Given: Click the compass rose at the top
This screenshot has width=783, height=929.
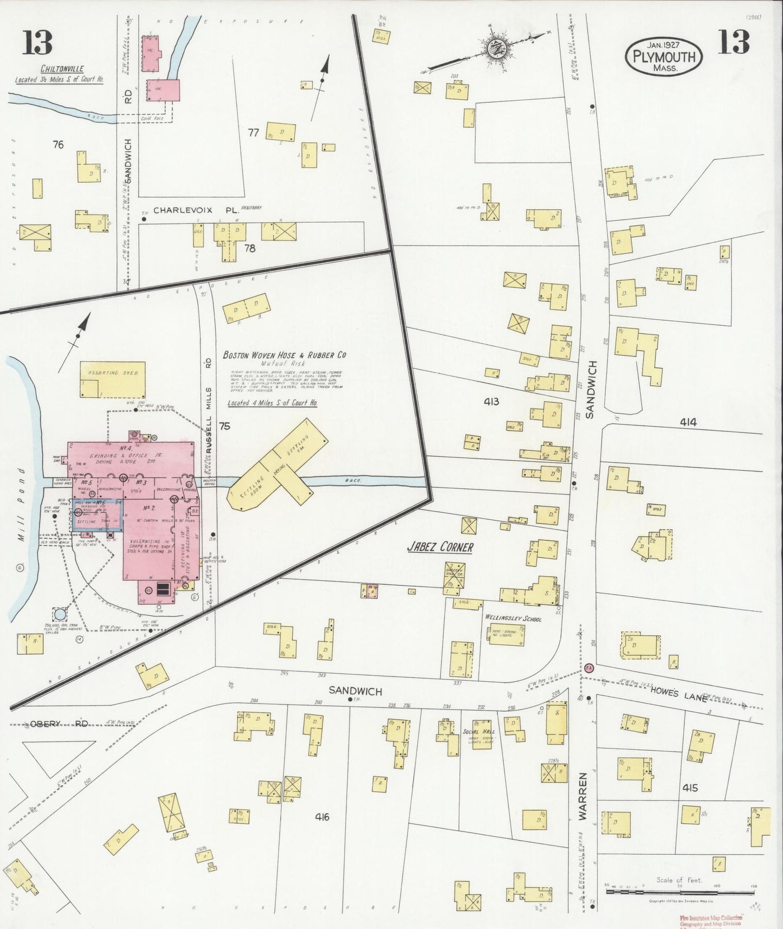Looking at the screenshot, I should [x=495, y=49].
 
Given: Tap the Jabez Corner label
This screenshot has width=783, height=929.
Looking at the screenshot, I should [x=440, y=547].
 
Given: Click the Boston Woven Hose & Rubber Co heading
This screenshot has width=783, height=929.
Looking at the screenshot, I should [x=284, y=355].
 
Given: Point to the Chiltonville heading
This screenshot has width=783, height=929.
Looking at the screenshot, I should [x=63, y=69].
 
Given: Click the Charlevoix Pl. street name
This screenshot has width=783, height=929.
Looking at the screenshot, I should [x=196, y=210].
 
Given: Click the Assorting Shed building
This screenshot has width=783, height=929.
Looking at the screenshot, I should [x=113, y=379].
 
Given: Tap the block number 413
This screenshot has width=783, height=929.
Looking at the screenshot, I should [x=491, y=402].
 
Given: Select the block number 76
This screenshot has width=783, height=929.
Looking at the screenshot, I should [x=58, y=145].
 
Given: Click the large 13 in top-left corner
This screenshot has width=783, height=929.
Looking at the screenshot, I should [x=38, y=42].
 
